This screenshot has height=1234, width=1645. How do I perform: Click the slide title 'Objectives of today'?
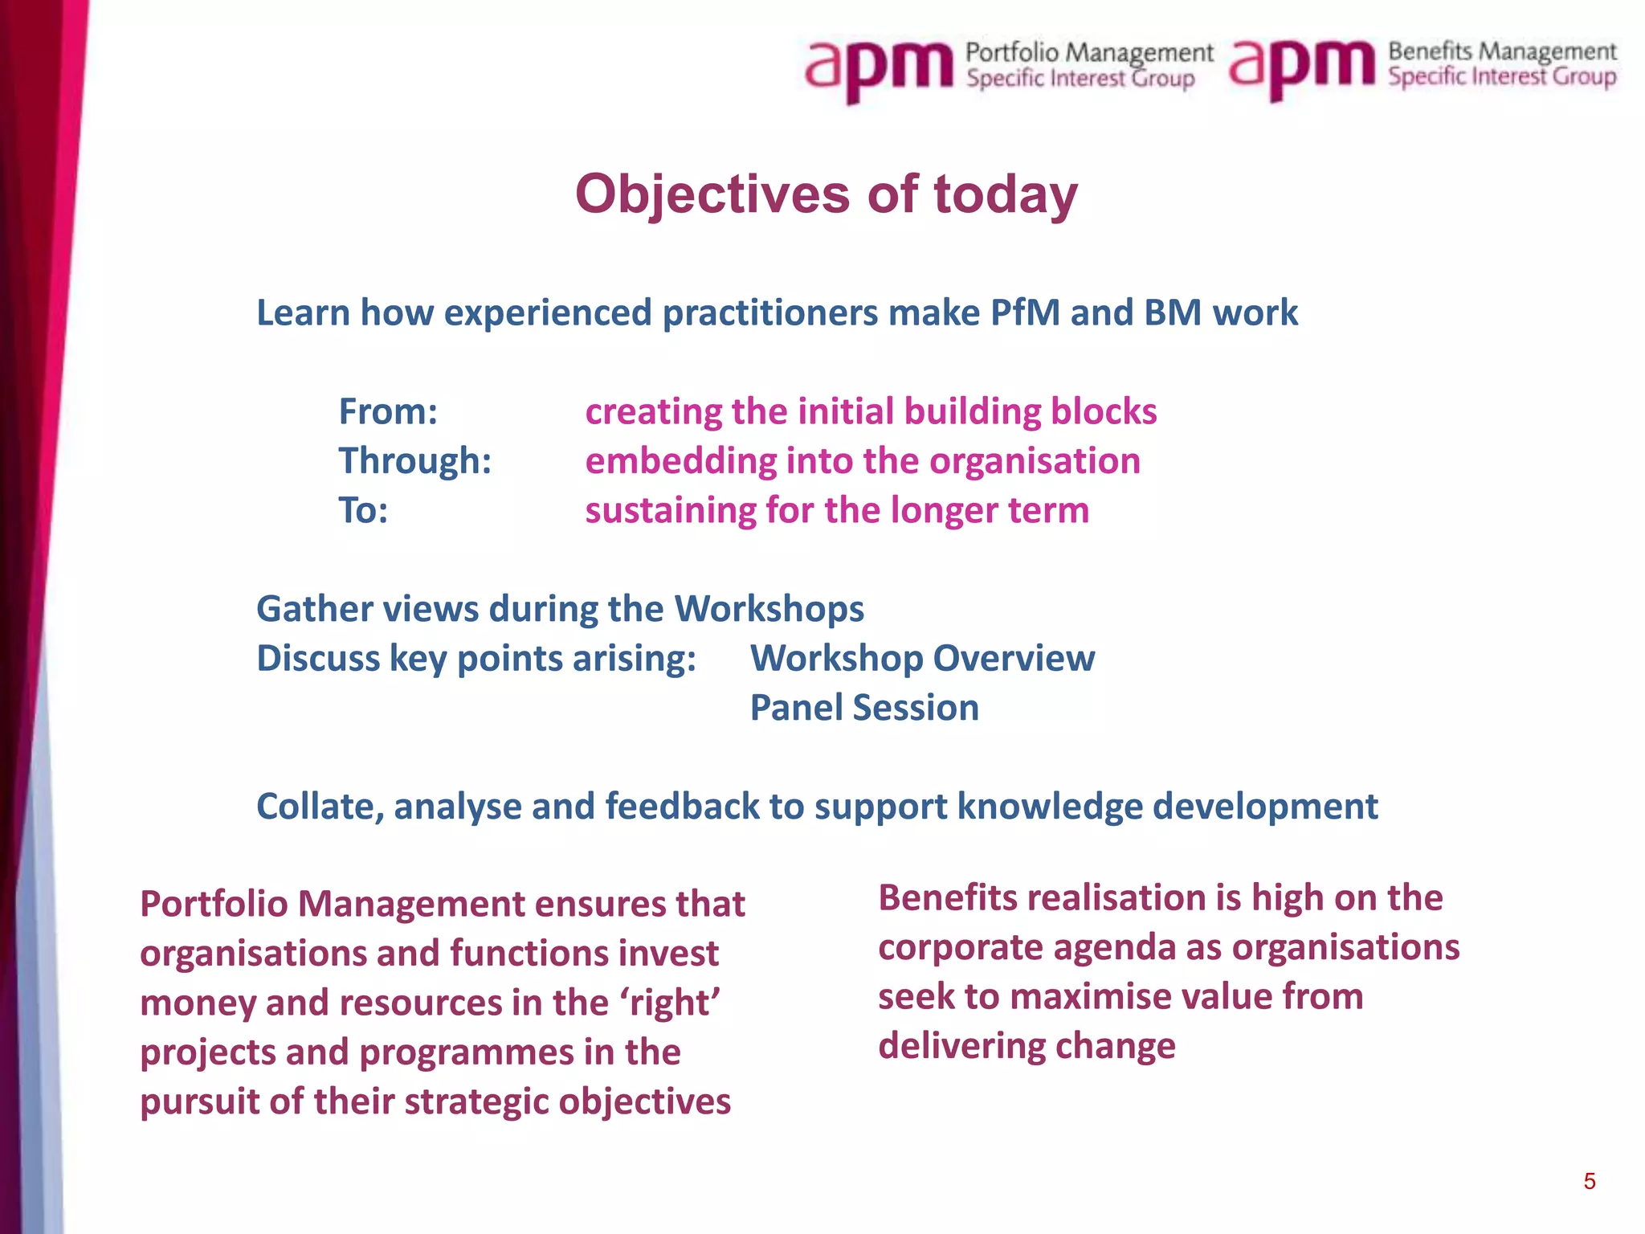point(826,194)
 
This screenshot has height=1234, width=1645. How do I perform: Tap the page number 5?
point(1589,1181)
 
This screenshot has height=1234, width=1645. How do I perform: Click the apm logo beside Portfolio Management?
point(879,68)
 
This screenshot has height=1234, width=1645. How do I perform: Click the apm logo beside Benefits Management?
point(1301,67)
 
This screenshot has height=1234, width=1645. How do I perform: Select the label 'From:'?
point(388,411)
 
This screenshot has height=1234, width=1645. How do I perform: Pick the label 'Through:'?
point(414,461)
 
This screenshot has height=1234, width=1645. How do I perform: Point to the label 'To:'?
point(363,511)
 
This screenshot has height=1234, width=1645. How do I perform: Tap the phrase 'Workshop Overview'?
point(922,658)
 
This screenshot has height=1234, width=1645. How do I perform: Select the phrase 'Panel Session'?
point(864,708)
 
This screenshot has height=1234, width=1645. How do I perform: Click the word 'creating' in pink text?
point(653,411)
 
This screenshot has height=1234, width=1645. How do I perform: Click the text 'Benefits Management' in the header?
point(1501,52)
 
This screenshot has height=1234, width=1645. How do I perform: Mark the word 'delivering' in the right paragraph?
point(961,1046)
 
